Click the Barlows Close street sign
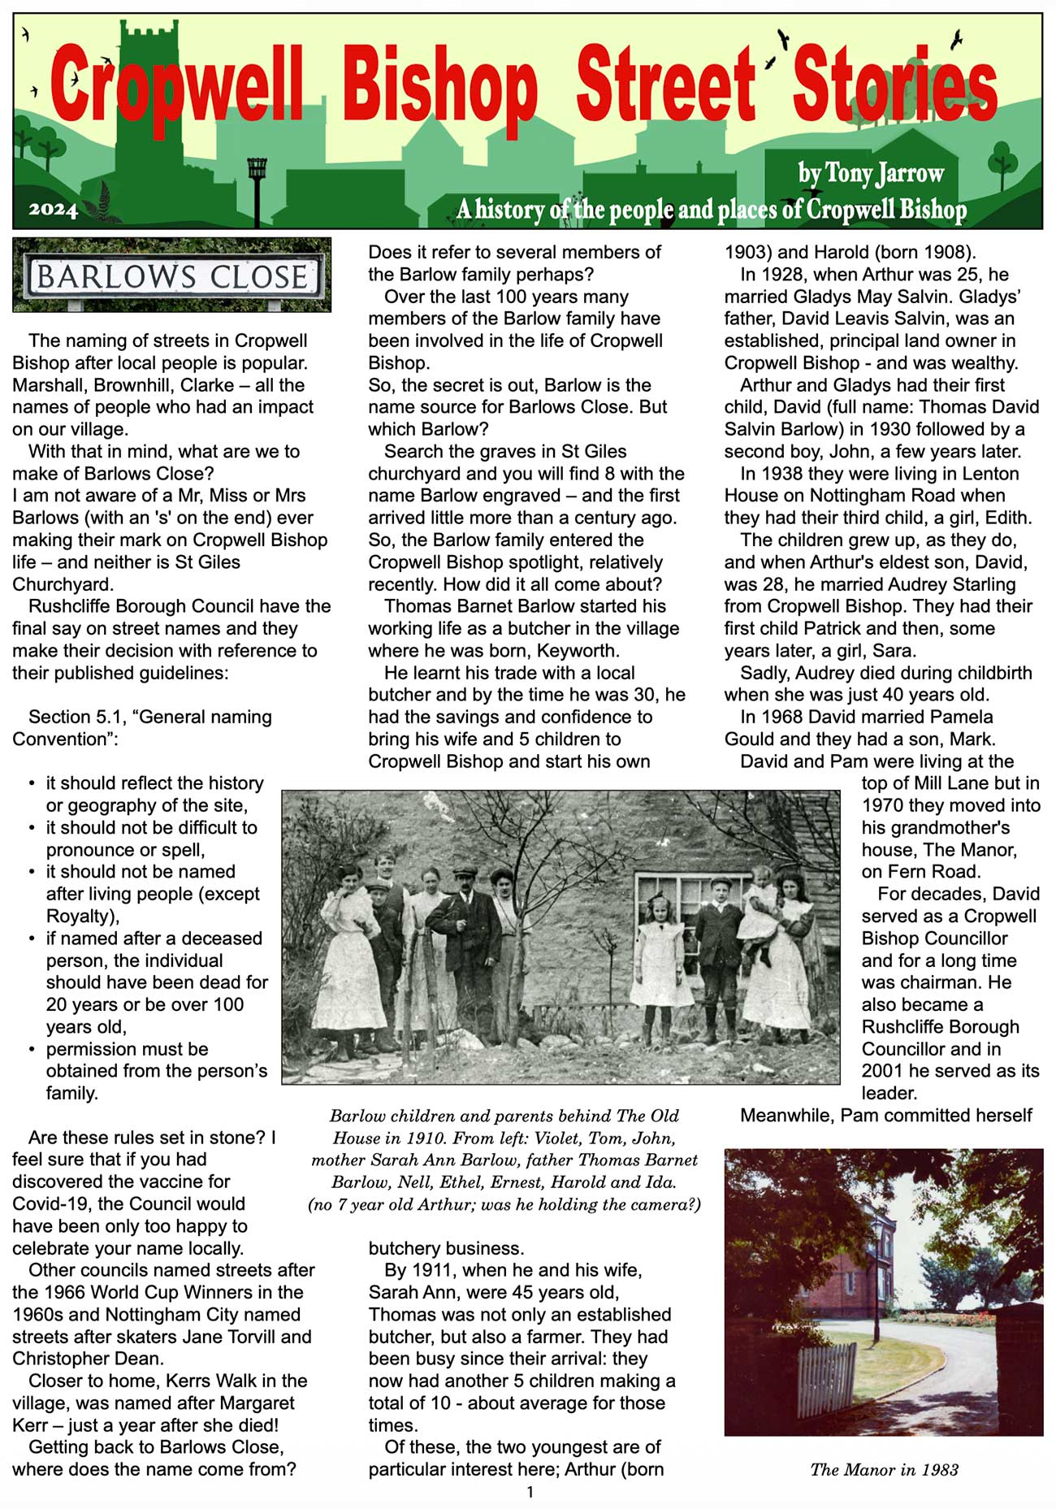click(172, 276)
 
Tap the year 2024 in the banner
click(53, 210)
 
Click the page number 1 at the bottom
click(530, 1492)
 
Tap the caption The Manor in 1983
click(884, 1469)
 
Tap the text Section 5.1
click(75, 717)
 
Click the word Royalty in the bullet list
click(80, 916)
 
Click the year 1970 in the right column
click(885, 805)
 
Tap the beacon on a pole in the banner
click(257, 171)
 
